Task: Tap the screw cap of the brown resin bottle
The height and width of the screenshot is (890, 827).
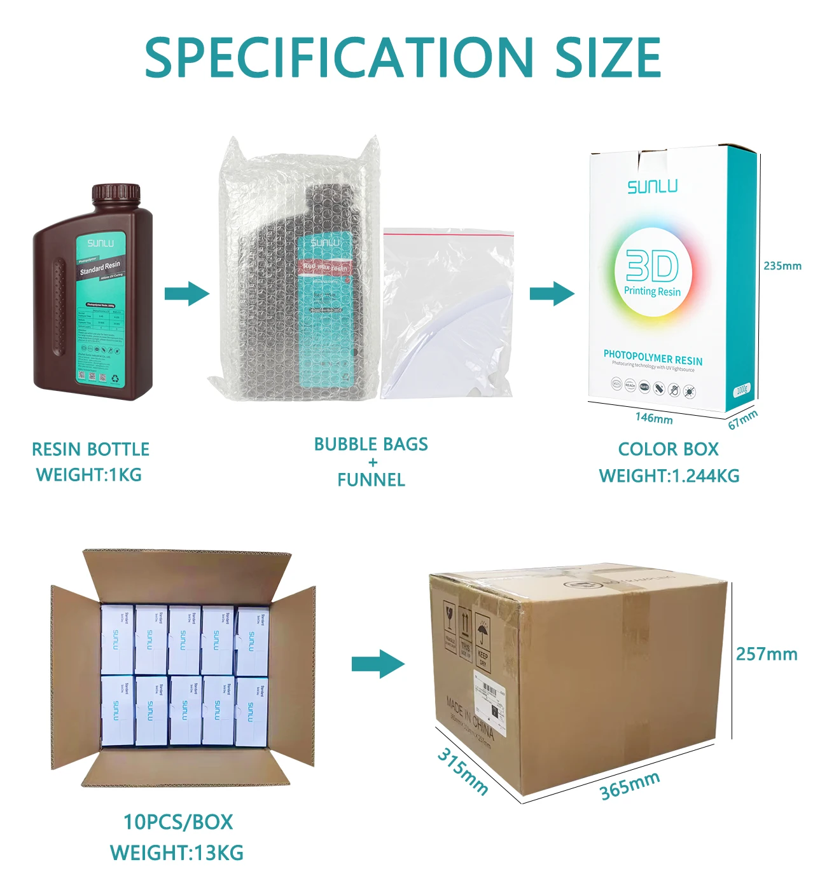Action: (x=116, y=194)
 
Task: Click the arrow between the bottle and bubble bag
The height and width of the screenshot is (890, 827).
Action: (x=186, y=294)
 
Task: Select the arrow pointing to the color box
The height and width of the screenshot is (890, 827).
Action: (x=552, y=293)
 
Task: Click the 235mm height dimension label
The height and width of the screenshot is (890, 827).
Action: (x=782, y=266)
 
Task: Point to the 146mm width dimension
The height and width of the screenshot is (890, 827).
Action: (x=654, y=418)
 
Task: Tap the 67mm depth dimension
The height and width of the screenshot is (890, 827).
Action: (x=742, y=420)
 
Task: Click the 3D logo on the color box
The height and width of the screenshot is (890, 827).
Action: (x=652, y=266)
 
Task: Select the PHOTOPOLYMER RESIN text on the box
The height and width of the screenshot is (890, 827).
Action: (x=653, y=357)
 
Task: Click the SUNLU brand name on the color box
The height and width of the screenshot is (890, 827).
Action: (x=653, y=187)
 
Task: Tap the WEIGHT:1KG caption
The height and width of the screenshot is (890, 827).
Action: (x=89, y=475)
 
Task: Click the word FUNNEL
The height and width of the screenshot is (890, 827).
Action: (x=371, y=480)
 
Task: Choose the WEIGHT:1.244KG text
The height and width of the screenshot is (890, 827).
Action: (x=669, y=476)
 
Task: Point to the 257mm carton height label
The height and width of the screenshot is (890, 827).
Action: (x=767, y=654)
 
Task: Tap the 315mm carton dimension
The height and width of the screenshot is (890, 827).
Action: (x=462, y=771)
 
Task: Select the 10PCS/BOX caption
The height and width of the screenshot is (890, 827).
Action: (x=178, y=822)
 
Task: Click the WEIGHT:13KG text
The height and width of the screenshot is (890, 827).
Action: (x=177, y=852)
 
